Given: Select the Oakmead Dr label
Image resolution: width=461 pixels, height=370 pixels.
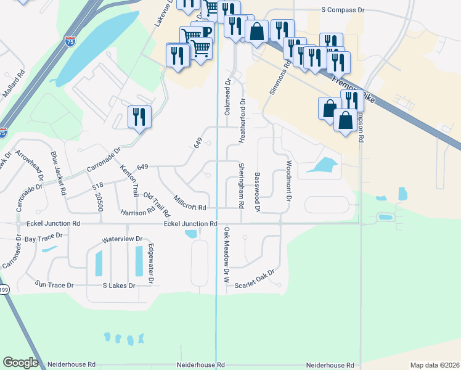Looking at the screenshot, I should coord(227,97).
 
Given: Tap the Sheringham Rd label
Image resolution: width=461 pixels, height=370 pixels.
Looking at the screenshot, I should coord(242,185).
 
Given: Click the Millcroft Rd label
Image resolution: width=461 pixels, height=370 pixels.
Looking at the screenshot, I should coord(190,202).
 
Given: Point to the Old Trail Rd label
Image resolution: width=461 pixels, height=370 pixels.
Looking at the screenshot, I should coord(157,205).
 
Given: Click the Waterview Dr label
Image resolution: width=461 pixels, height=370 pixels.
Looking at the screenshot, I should coord(122,239).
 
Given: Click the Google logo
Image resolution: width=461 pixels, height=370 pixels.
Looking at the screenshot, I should coord(21,363).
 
